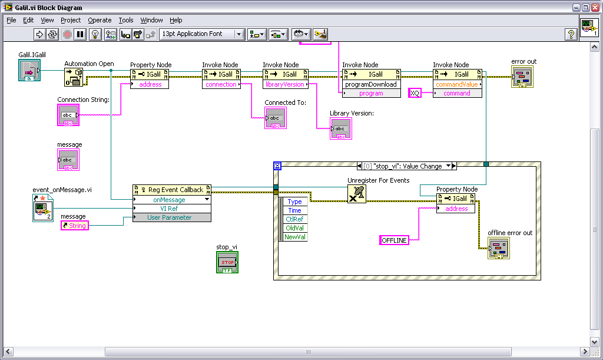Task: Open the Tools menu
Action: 126,20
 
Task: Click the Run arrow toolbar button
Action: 39,34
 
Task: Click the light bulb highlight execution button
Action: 95,34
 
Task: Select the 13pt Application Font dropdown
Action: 202,34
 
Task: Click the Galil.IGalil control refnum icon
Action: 29,70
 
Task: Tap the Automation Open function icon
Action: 74,77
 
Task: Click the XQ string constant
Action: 415,93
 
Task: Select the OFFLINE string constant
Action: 394,240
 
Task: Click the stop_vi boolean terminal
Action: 227,262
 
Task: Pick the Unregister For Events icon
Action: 356,194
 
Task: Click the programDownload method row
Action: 371,84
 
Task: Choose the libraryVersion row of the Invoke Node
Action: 285,84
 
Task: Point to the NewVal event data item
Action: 295,237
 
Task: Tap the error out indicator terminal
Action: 522,77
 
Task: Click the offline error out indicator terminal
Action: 499,248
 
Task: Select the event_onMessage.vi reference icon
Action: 42,208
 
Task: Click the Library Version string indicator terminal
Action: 341,129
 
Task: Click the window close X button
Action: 595,8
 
